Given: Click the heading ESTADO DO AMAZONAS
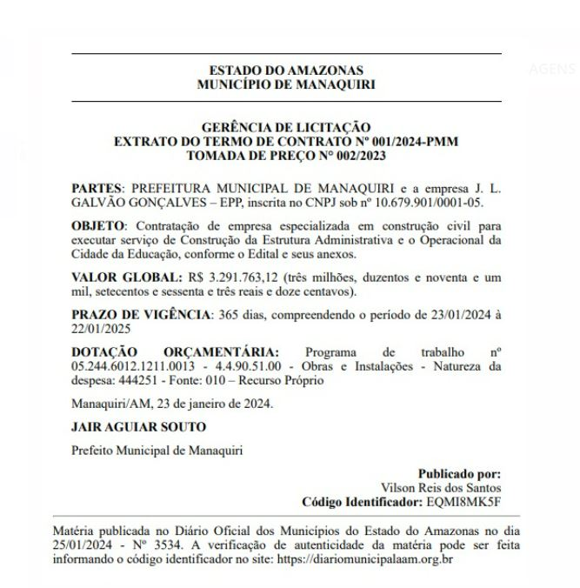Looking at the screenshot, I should (286, 70).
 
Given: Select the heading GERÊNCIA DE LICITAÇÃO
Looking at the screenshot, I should (286, 128).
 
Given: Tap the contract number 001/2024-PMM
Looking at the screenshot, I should (405, 141).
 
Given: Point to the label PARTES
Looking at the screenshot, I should (97, 188).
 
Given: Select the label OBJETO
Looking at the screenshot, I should (98, 225).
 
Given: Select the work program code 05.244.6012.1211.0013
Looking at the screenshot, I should (129, 366).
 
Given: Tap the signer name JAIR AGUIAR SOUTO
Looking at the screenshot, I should (138, 427).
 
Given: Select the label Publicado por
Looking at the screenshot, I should (459, 474).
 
